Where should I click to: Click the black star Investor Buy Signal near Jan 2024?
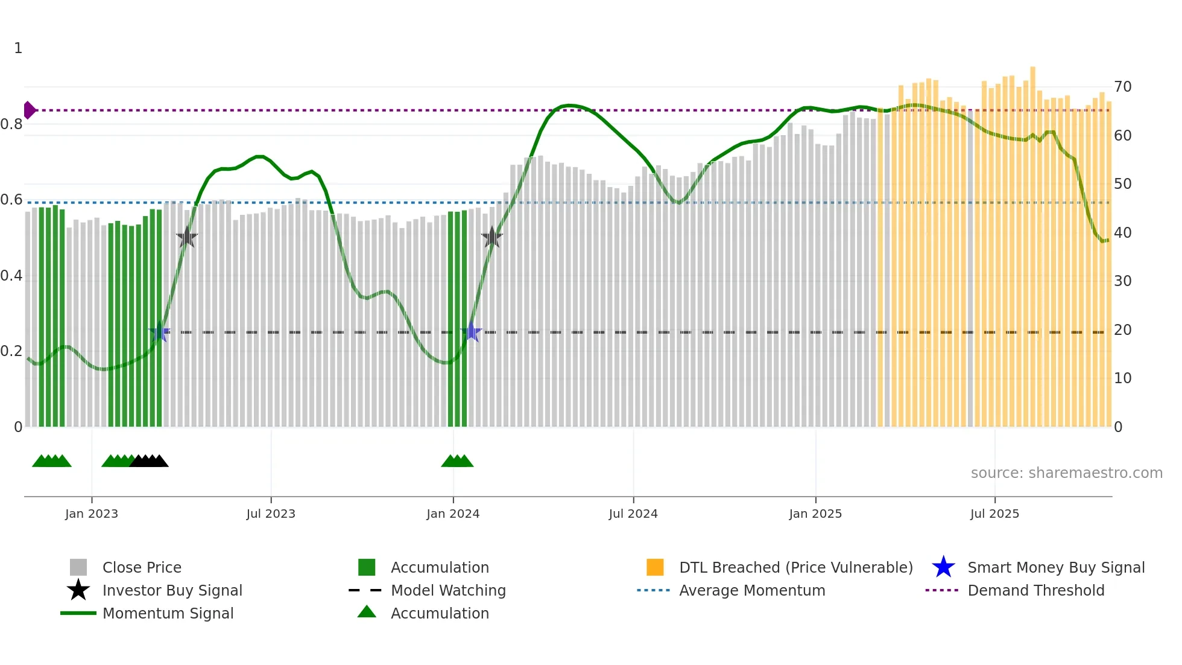[x=492, y=238]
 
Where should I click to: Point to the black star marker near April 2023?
[x=187, y=238]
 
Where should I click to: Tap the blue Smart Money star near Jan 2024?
[x=471, y=332]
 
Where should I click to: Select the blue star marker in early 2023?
[x=160, y=332]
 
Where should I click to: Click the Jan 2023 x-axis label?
[x=92, y=514]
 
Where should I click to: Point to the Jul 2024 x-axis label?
[x=633, y=514]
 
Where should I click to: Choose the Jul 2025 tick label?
[x=994, y=514]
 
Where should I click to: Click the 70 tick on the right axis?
[x=1122, y=87]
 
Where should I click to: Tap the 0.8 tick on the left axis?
[x=11, y=124]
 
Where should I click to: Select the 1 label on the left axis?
[x=18, y=48]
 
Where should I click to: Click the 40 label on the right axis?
[x=1122, y=233]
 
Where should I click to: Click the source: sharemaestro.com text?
[x=1066, y=473]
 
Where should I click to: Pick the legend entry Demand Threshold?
[x=1035, y=590]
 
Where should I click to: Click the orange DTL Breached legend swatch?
[x=655, y=567]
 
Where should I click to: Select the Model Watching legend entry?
[x=447, y=590]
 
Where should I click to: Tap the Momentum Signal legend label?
[x=168, y=613]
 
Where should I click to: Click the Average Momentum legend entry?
[x=751, y=590]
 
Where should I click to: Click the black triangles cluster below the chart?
[x=149, y=461]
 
